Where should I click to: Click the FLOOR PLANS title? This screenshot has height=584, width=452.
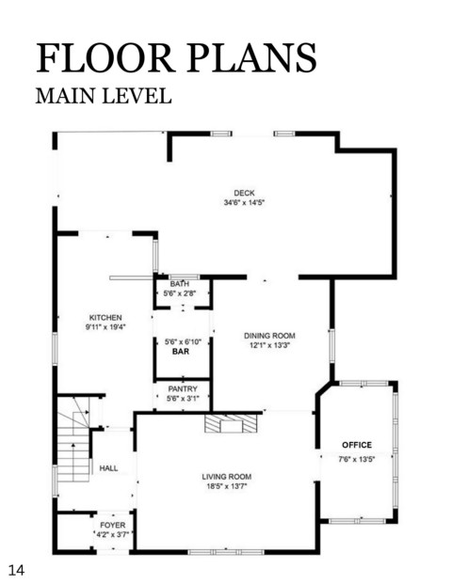(176, 57)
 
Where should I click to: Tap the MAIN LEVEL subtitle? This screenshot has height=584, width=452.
(104, 96)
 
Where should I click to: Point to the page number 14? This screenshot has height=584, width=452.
(16, 570)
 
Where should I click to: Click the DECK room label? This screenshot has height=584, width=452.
(244, 193)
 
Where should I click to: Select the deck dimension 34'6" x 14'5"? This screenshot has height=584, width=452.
(244, 202)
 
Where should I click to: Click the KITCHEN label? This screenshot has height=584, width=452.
(105, 318)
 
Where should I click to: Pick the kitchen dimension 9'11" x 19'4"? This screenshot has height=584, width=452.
(105, 327)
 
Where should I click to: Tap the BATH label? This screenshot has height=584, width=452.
(180, 284)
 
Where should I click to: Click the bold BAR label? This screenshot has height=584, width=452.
(181, 352)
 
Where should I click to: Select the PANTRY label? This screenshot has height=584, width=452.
(183, 388)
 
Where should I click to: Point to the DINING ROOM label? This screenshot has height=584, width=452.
(269, 336)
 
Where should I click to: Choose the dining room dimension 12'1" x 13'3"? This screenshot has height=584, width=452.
(269, 345)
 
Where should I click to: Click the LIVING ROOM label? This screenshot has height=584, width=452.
(227, 477)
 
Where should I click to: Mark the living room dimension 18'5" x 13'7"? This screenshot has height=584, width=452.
(227, 486)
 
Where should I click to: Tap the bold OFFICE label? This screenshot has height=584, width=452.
(357, 445)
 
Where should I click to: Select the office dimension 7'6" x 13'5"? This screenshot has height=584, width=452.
(357, 459)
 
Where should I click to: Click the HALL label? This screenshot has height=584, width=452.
(109, 468)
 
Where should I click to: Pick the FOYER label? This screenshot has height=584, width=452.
(113, 525)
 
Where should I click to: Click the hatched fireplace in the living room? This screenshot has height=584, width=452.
(232, 423)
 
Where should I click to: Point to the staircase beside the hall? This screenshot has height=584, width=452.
(73, 439)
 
